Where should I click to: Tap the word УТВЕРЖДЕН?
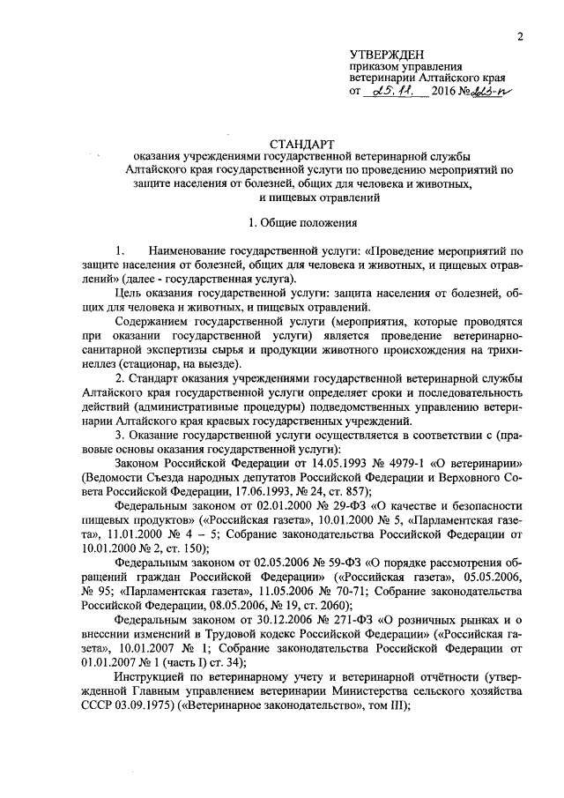pos(385,55)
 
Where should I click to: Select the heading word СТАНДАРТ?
pos(302,142)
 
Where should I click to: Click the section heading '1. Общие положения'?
pos(303,224)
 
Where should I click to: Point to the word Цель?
pos(130,292)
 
